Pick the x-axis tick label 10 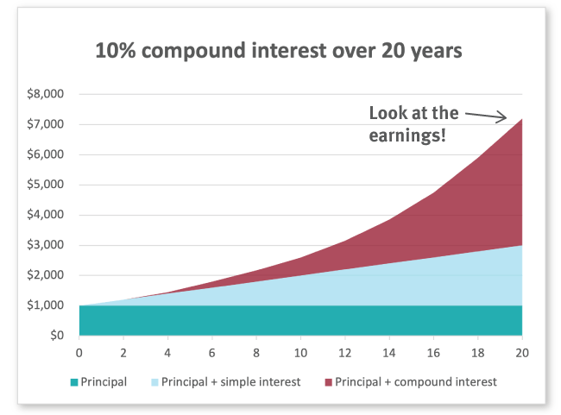click(x=300, y=352)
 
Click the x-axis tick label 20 click(x=522, y=352)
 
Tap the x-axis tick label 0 click(x=79, y=352)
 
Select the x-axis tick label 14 click(x=389, y=352)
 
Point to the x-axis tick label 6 click(x=212, y=352)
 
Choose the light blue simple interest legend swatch click(x=155, y=380)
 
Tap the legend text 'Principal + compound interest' click(x=416, y=380)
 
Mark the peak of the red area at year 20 click(x=521, y=119)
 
